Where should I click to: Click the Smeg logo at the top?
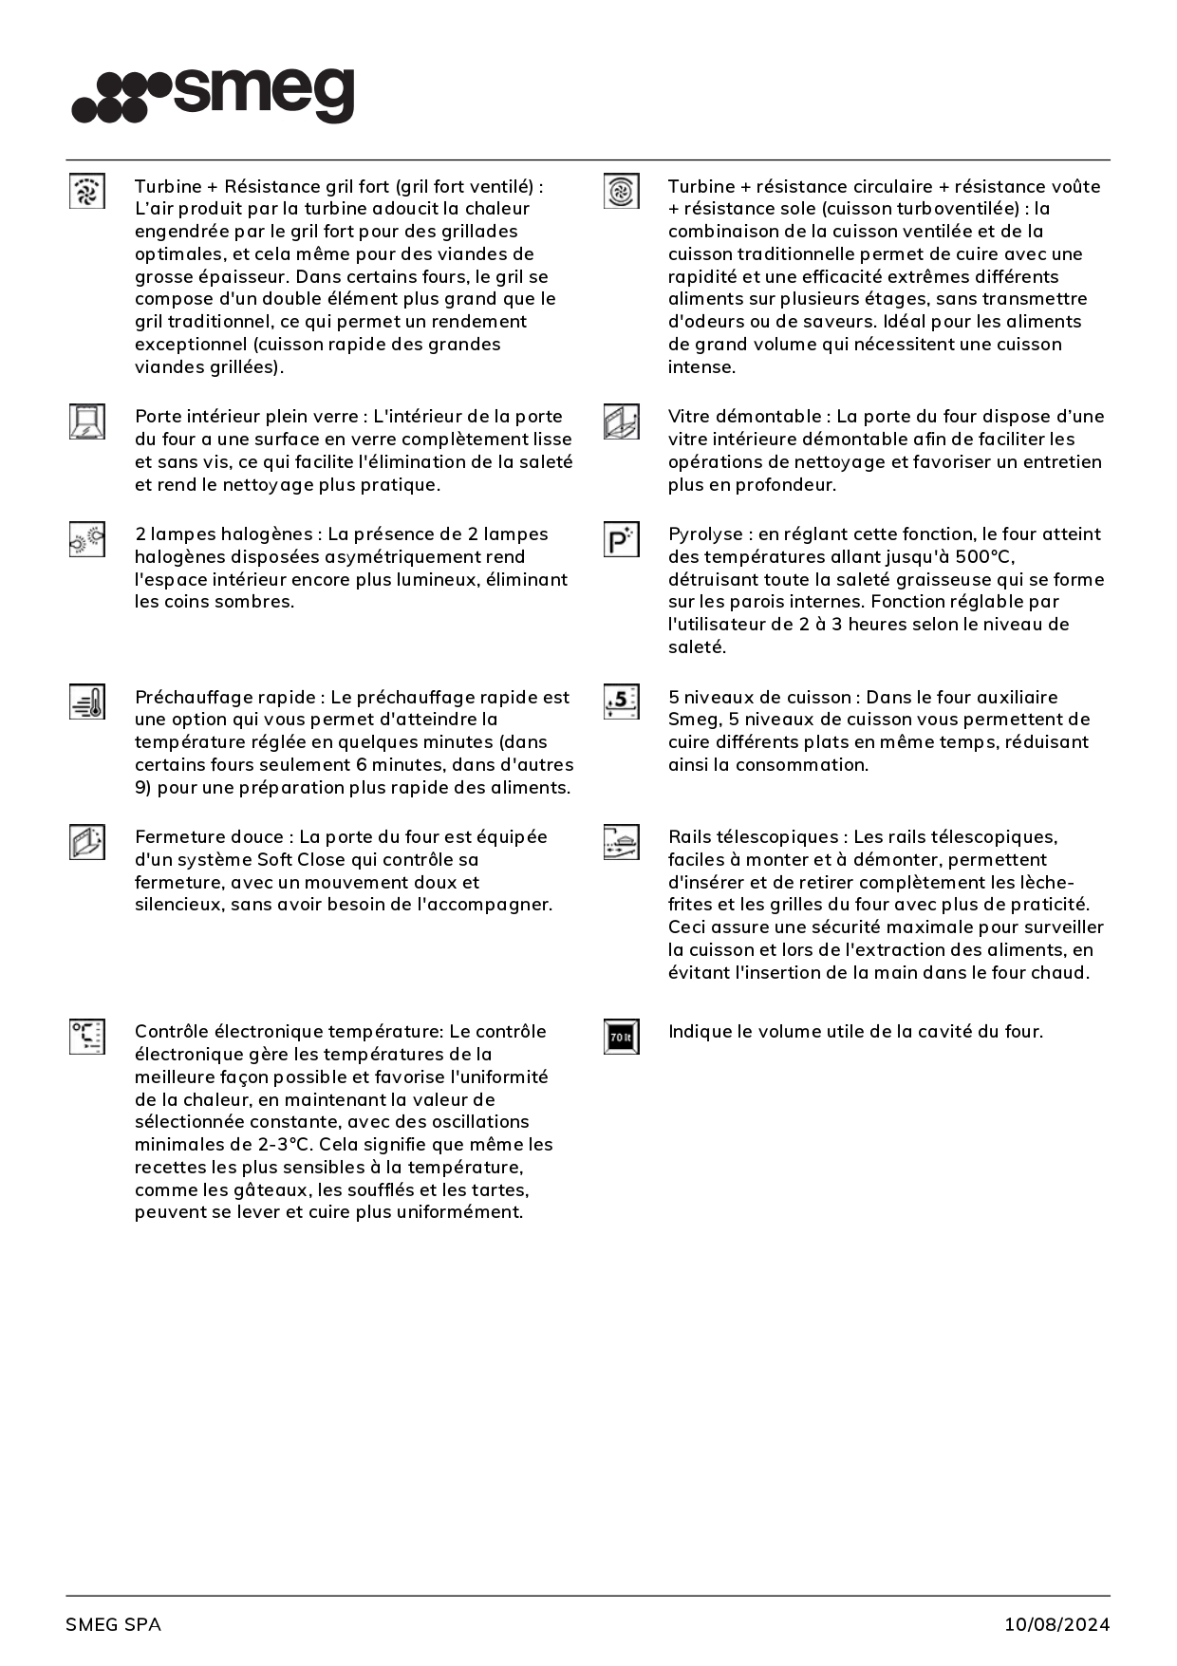tap(213, 95)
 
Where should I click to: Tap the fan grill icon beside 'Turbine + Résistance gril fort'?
tap(87, 191)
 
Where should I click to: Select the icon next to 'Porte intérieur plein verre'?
tap(87, 421)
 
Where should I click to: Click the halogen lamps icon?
tap(87, 539)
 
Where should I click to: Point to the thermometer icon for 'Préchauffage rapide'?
tap(87, 702)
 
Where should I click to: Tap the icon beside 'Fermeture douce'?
tap(87, 842)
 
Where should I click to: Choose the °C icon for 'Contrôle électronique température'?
tap(87, 1037)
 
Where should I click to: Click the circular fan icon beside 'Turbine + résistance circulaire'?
tap(622, 191)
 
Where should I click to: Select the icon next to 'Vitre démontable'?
tap(622, 421)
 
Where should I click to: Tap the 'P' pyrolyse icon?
tap(622, 539)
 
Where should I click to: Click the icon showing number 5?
tap(622, 702)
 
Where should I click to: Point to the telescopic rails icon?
tap(622, 842)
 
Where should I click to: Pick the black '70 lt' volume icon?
tap(622, 1037)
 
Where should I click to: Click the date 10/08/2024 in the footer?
tap(1056, 1624)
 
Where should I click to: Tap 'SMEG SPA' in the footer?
tap(113, 1624)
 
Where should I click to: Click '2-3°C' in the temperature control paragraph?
tap(285, 1145)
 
